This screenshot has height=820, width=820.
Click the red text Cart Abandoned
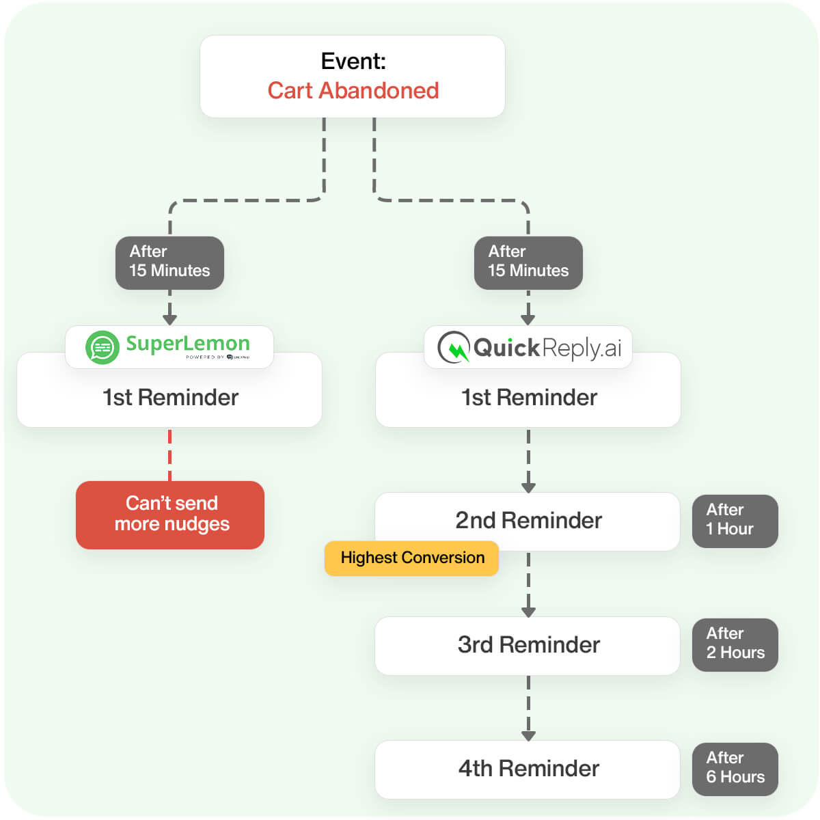tap(353, 90)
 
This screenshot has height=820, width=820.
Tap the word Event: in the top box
tap(353, 61)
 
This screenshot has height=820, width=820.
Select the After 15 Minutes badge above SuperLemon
tap(169, 262)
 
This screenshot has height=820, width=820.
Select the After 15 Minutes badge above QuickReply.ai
tap(528, 262)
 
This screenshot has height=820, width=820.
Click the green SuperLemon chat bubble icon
tap(102, 347)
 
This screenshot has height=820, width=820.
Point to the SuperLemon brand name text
tap(188, 343)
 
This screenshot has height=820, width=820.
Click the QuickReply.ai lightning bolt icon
tap(454, 348)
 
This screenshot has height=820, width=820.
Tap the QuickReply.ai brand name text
tap(547, 348)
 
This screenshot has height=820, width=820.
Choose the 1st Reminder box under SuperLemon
tap(169, 398)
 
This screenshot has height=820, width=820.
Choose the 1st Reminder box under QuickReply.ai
tap(528, 398)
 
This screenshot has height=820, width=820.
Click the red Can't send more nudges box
tap(170, 515)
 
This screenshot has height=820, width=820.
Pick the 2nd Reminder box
tap(528, 520)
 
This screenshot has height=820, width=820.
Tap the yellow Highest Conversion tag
tap(412, 558)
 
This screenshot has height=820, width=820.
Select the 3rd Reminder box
tap(528, 645)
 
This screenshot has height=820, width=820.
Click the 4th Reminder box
tap(528, 769)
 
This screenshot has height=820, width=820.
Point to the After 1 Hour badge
tap(735, 520)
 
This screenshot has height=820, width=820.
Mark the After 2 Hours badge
tap(735, 644)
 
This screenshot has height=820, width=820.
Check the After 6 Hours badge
tap(735, 768)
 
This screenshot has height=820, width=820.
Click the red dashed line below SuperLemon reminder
tap(169, 454)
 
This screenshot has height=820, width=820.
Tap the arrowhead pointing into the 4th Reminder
tap(528, 736)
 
